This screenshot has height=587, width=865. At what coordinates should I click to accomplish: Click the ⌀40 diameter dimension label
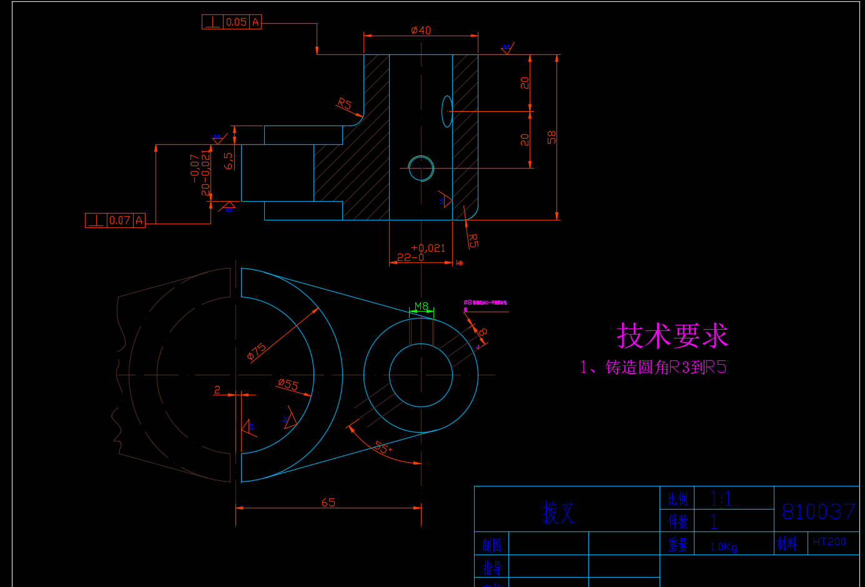click(421, 30)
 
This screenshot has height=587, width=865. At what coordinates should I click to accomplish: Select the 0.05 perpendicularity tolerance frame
click(232, 22)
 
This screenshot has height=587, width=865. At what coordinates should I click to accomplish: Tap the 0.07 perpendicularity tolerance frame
click(115, 220)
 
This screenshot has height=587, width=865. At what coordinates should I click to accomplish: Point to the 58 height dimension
click(551, 137)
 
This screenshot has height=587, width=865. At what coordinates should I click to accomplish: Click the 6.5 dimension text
click(229, 160)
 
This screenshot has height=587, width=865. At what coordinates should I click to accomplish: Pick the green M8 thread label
click(422, 306)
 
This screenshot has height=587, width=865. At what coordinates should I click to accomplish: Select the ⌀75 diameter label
click(257, 352)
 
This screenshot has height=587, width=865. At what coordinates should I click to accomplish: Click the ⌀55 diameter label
click(288, 385)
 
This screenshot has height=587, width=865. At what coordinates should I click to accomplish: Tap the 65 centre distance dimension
click(329, 503)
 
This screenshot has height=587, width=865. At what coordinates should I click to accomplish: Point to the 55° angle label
click(382, 448)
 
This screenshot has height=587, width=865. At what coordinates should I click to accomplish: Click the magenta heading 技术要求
click(672, 336)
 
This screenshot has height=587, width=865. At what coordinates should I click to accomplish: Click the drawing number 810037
click(818, 512)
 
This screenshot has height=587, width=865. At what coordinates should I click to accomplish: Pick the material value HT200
click(829, 542)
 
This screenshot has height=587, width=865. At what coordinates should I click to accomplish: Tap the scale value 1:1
click(721, 499)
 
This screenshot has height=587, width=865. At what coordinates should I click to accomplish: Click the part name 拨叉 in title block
click(558, 513)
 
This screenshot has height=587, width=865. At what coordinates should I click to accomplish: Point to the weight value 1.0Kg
click(723, 547)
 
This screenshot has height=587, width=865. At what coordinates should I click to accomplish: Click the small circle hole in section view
click(421, 168)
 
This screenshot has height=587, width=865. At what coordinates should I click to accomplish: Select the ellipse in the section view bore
click(447, 111)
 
